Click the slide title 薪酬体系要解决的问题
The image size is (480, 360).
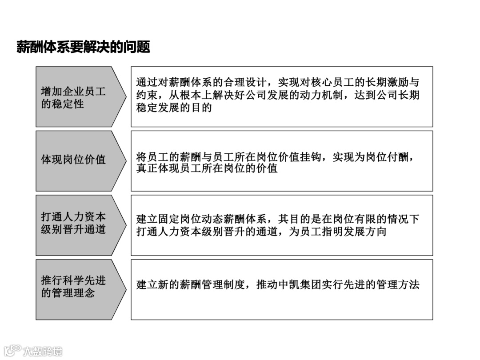(83, 47)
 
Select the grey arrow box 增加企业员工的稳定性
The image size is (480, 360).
(74, 97)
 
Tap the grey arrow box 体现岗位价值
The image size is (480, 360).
(74, 160)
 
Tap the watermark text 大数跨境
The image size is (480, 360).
(43, 351)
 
